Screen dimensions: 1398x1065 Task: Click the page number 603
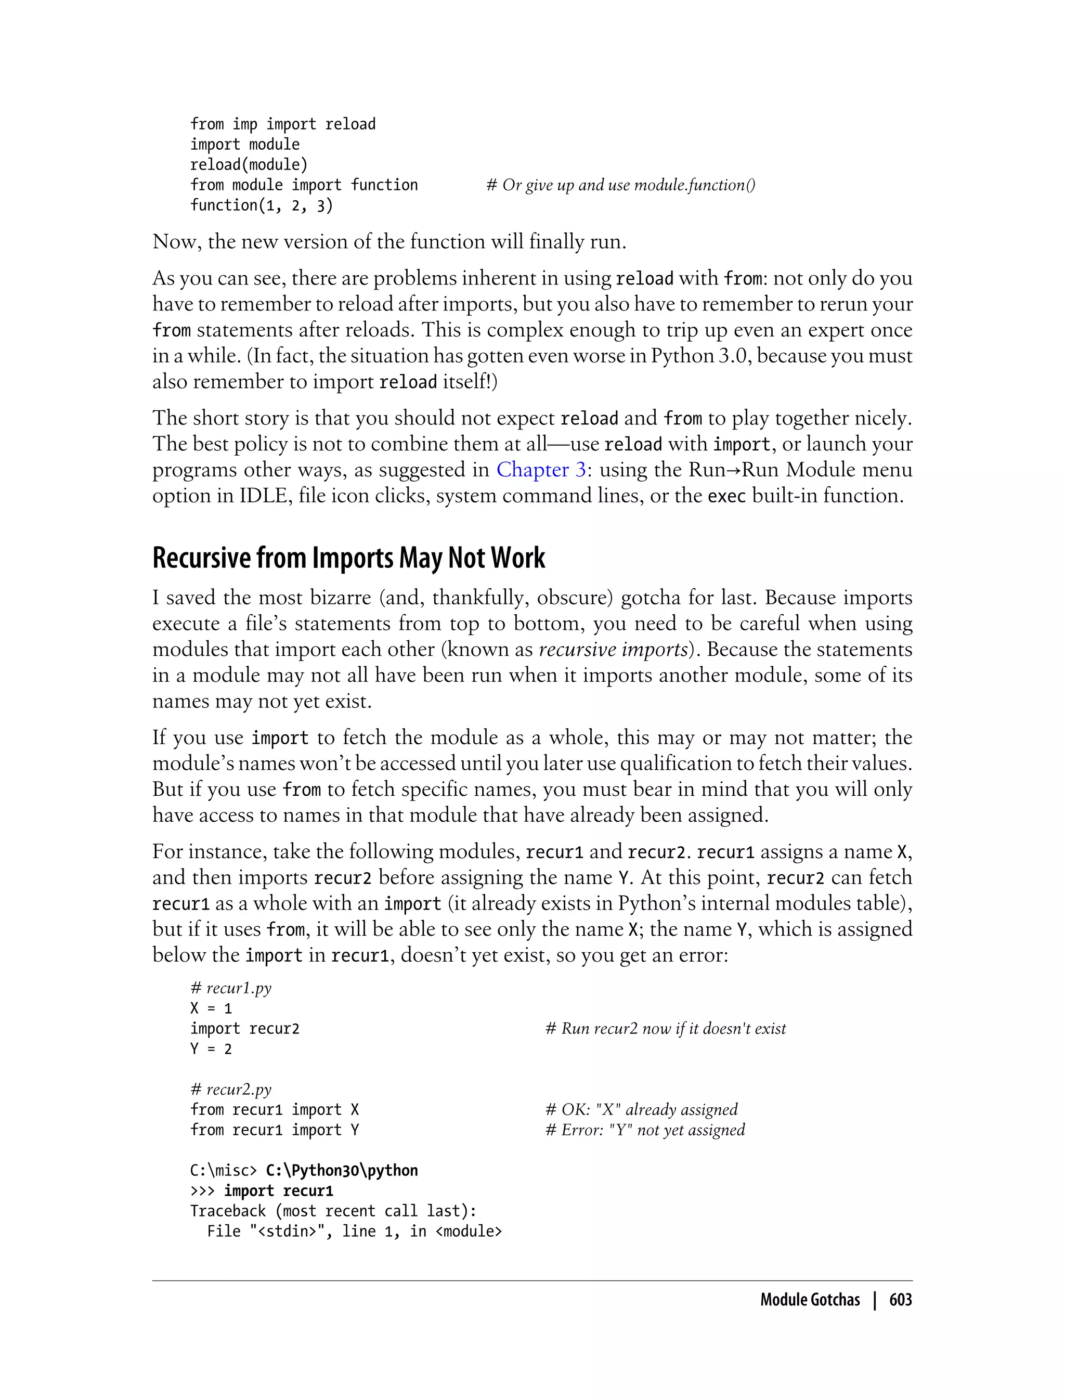coord(900,1300)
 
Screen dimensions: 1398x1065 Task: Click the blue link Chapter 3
coord(541,469)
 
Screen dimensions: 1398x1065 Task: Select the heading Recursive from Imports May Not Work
coord(348,558)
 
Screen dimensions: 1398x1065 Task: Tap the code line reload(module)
coord(249,165)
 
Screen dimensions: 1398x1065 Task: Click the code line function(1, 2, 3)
coord(261,205)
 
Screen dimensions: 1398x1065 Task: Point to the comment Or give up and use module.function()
coord(620,185)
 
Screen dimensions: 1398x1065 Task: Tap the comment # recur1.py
coord(231,988)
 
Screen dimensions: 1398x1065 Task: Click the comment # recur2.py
coord(231,1089)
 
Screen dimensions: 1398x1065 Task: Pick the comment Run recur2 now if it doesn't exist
coord(666,1028)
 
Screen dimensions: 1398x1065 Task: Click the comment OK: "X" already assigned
coord(642,1109)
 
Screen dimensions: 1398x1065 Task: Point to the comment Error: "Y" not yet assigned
coord(645,1130)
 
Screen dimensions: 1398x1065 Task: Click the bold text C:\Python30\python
coord(342,1170)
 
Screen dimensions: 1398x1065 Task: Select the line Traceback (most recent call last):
coord(333,1211)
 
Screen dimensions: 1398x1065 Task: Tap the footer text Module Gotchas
coord(810,1300)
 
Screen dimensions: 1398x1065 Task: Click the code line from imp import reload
coord(283,124)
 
